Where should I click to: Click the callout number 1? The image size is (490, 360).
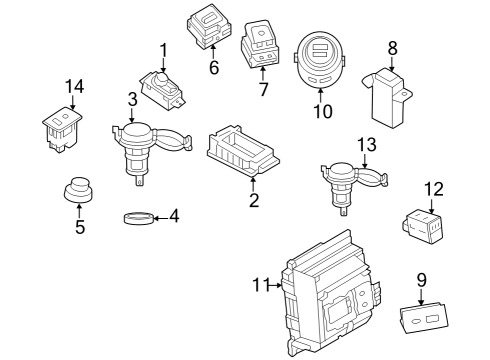click(x=163, y=49)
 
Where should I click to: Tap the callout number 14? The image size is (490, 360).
click(x=71, y=87)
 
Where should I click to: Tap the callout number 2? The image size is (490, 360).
click(x=253, y=201)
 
